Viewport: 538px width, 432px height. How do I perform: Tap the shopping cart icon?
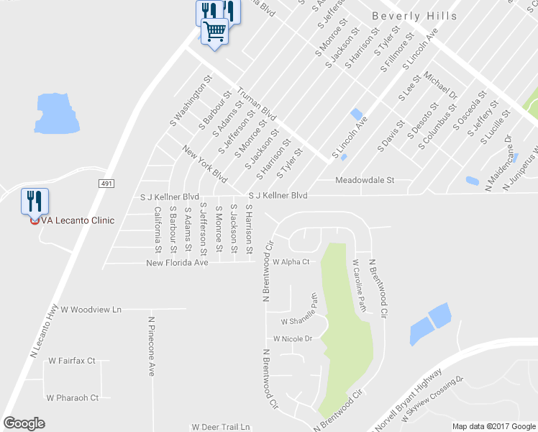[x=214, y=32]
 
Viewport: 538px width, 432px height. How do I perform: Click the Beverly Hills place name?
[x=414, y=16]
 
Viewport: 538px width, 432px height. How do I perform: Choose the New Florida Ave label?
[x=177, y=263]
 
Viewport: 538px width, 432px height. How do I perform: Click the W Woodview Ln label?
[x=91, y=310]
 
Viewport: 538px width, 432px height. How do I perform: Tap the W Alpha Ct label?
[x=290, y=262]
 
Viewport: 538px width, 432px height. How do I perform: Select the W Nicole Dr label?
[x=292, y=338]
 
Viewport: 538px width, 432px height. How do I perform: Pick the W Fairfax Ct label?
[x=72, y=360]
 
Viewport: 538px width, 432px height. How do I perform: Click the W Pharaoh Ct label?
[x=73, y=397]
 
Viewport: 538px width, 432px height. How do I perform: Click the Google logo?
[x=24, y=423]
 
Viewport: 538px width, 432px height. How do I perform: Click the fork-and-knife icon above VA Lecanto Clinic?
[x=34, y=201]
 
